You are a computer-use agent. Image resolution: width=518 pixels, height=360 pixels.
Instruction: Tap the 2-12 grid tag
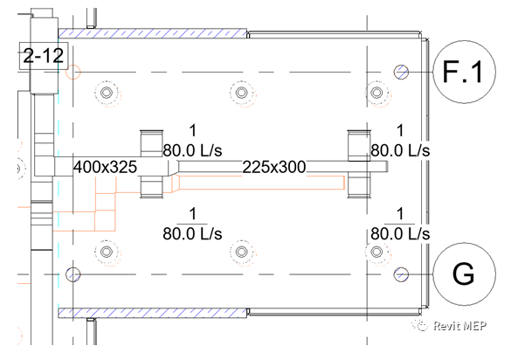click(x=44, y=56)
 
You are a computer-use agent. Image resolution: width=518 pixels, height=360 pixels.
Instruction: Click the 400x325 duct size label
click(x=105, y=167)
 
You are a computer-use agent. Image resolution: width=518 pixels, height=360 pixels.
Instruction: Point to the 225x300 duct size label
click(x=274, y=167)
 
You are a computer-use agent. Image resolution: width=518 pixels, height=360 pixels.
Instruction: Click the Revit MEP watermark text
click(x=459, y=326)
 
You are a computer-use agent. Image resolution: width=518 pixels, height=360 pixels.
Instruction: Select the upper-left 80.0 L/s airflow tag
click(x=192, y=151)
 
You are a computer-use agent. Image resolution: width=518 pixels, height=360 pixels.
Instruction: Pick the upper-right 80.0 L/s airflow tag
click(x=400, y=151)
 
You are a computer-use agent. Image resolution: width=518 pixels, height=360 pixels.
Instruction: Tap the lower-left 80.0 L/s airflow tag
click(x=192, y=234)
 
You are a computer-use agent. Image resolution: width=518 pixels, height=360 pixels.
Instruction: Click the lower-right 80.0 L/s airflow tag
click(x=400, y=234)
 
